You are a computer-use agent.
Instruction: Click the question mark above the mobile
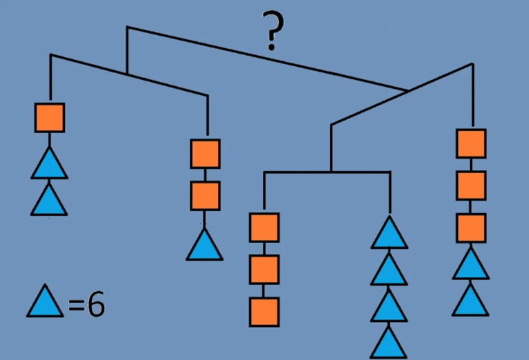click(273, 32)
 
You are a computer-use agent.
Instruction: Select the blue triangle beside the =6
click(45, 302)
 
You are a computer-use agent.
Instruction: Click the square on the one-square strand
click(49, 117)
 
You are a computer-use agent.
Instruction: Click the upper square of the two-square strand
click(205, 154)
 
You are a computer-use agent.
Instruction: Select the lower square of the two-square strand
click(205, 196)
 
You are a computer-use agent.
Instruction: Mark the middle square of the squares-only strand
click(264, 269)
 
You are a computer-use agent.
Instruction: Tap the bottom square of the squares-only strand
click(264, 311)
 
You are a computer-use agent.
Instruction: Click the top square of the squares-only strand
click(264, 227)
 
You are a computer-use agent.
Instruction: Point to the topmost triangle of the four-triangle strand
click(390, 234)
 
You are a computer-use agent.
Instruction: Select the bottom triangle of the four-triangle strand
click(390, 344)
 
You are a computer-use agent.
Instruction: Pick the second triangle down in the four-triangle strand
click(390, 271)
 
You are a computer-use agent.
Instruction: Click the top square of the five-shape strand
click(471, 143)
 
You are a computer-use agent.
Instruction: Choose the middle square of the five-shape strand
click(471, 185)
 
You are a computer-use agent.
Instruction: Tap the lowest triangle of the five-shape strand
click(471, 302)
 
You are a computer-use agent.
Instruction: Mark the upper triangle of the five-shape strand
click(471, 266)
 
